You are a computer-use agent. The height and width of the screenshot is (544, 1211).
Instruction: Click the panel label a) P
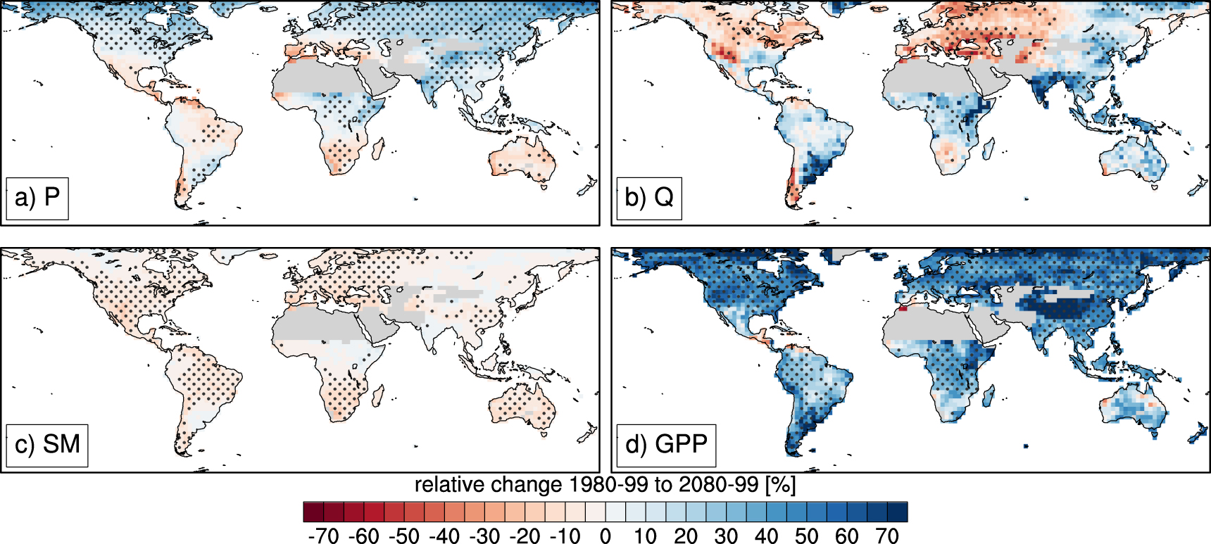[37, 198]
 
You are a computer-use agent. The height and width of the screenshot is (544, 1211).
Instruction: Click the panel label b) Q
[648, 198]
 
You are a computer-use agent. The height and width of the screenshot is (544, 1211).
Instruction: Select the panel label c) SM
[47, 445]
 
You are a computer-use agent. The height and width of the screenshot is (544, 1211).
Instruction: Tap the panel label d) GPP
[666, 445]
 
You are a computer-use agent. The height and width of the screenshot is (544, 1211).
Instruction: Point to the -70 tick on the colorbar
[324, 536]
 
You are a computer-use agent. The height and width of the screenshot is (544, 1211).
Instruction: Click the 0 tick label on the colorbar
[605, 536]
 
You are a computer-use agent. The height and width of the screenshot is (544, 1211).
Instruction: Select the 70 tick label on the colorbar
[887, 536]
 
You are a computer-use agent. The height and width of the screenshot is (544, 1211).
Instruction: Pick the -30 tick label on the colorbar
[484, 536]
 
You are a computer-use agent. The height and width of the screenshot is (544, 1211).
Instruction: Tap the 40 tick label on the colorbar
[766, 536]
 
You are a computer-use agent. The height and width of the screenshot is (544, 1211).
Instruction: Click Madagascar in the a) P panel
[378, 148]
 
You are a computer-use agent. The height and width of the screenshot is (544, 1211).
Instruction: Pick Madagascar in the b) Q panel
[989, 148]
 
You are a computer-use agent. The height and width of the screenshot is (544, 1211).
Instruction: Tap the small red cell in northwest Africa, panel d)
[903, 309]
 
